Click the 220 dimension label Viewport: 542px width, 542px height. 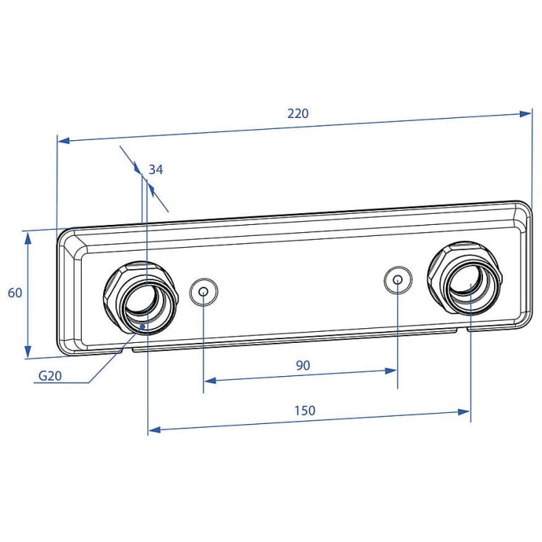click(298, 114)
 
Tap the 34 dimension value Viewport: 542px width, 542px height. click(156, 170)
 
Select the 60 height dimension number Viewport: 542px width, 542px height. click(15, 293)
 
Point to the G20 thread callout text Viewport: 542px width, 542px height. click(50, 375)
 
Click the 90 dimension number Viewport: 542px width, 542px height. click(303, 365)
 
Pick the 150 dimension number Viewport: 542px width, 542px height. click(305, 410)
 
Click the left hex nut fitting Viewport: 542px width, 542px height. click(141, 298)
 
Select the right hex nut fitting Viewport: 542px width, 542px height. click(465, 278)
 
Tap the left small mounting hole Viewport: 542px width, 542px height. click(204, 292)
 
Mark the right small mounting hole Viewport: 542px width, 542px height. click(398, 280)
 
